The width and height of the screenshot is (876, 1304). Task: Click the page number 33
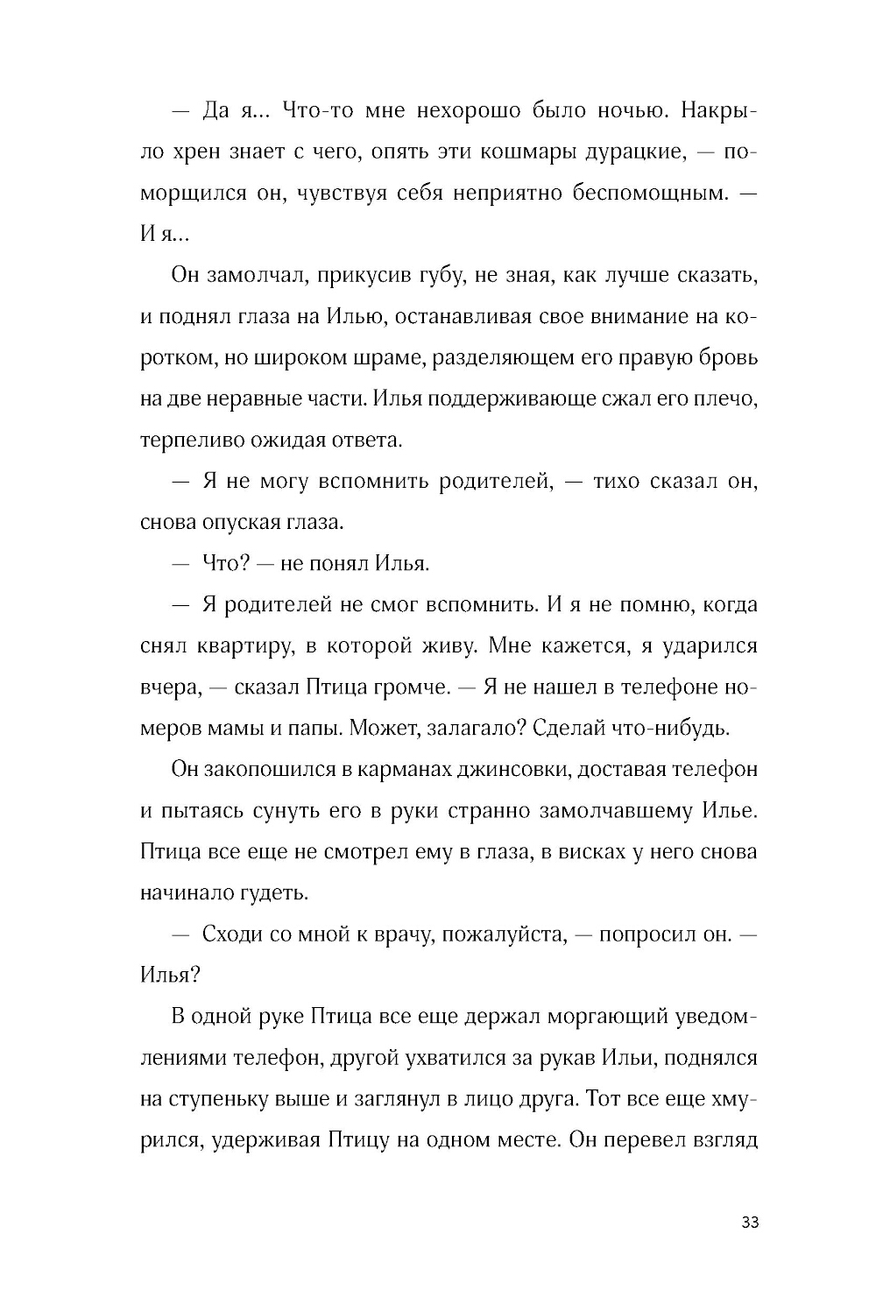click(749, 1223)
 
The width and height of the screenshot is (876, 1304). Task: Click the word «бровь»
click(731, 358)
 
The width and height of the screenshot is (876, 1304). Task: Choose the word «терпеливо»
click(184, 440)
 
